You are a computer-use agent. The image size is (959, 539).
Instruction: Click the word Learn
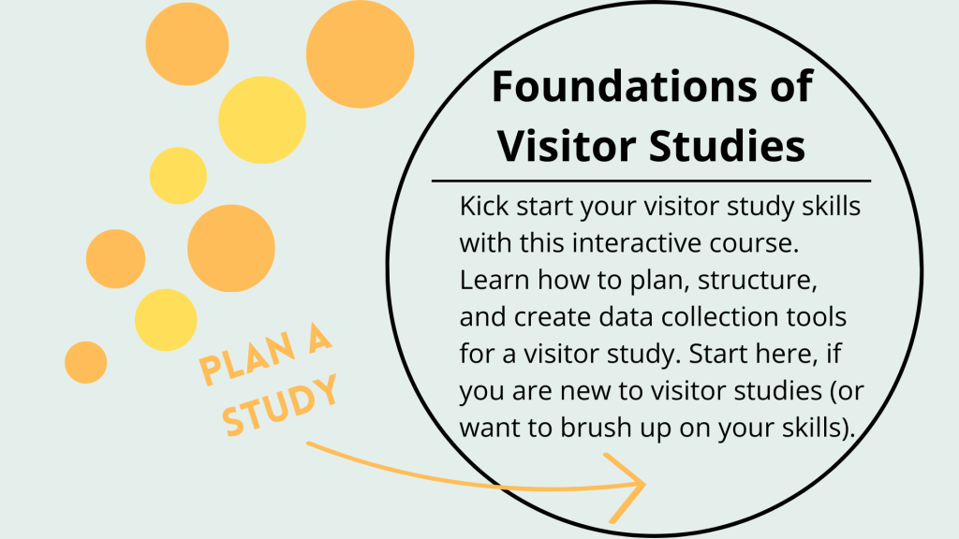click(487, 280)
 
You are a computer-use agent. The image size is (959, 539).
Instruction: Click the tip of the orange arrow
click(645, 485)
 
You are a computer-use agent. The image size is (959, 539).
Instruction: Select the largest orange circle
click(360, 52)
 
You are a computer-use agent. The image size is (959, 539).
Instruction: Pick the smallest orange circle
click(86, 362)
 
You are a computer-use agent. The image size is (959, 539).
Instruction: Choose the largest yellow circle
click(262, 120)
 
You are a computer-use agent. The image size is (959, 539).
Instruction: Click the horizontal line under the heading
click(651, 181)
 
